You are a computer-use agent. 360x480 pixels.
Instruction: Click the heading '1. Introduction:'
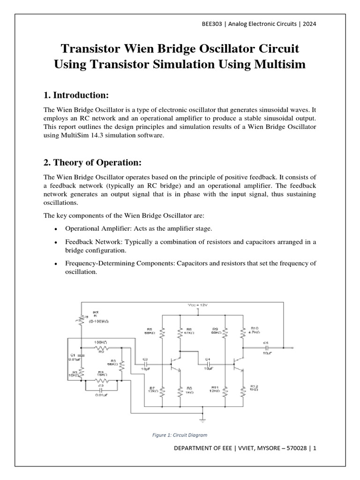click(75, 96)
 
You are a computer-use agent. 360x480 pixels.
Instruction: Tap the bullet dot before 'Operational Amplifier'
click(56, 229)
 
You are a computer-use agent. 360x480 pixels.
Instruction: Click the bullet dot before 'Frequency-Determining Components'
click(56, 264)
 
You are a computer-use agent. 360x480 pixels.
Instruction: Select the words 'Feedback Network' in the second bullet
click(90, 242)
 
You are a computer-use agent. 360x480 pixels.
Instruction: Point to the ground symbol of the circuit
click(203, 415)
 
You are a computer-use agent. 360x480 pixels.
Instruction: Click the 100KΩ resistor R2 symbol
click(101, 348)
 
